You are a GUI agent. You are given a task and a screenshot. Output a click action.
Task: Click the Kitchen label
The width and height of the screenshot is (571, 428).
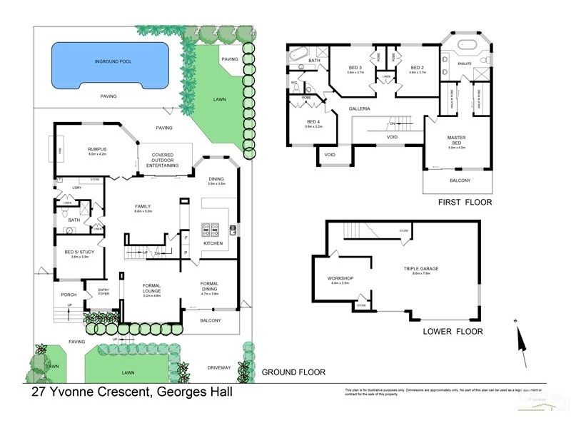(x=213, y=243)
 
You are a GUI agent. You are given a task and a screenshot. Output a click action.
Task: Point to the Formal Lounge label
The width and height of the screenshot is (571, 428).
(x=151, y=288)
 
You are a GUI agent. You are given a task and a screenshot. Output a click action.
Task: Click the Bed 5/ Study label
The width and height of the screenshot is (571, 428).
(x=79, y=253)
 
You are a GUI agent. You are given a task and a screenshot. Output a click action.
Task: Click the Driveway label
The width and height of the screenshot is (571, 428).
(x=219, y=367)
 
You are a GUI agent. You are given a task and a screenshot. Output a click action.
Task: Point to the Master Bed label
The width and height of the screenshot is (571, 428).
(x=456, y=139)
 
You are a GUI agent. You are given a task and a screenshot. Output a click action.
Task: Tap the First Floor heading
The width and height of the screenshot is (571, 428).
(x=465, y=203)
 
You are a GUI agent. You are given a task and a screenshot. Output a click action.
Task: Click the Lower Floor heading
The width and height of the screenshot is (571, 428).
(x=453, y=331)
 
